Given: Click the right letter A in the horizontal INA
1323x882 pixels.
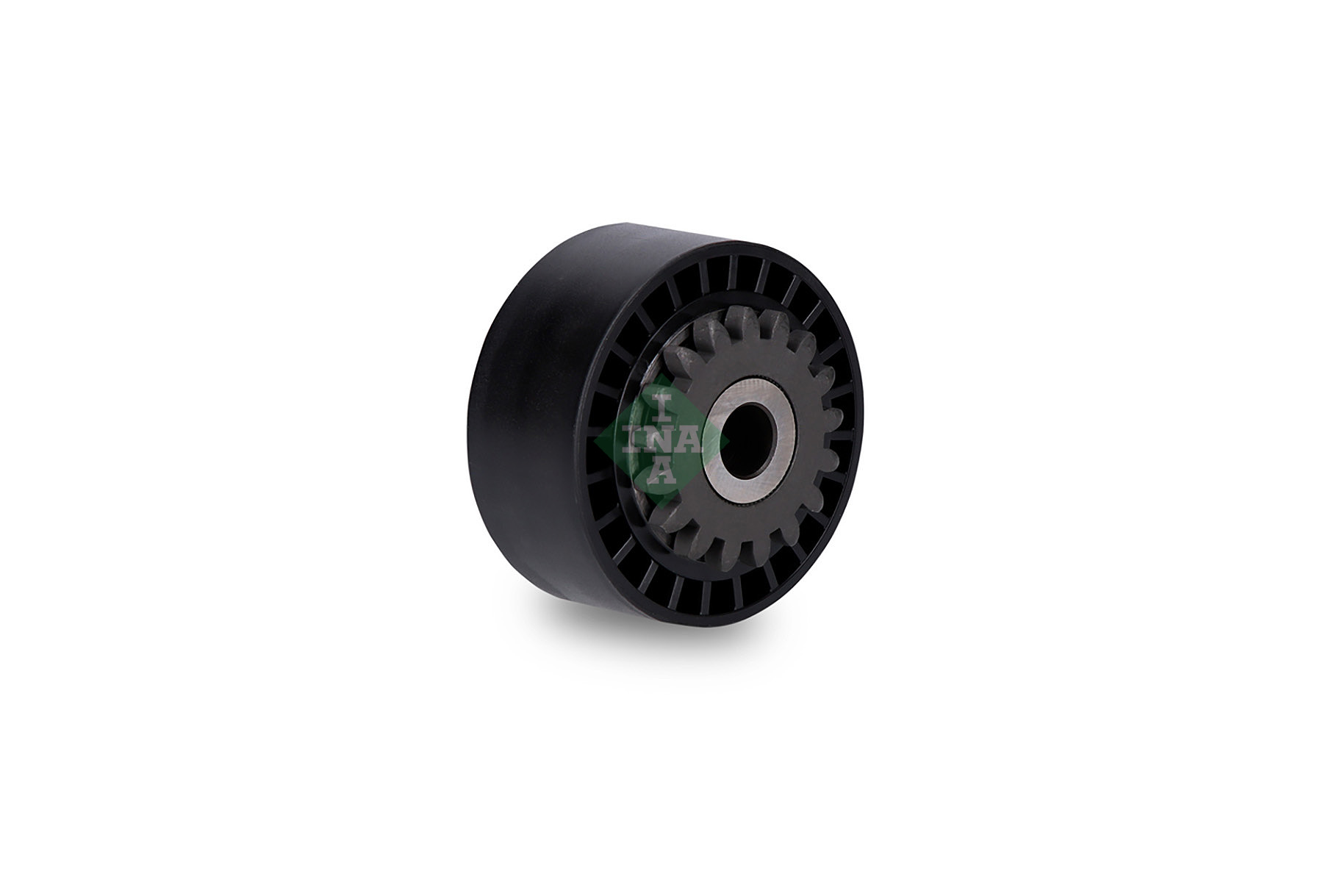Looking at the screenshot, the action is [691, 440].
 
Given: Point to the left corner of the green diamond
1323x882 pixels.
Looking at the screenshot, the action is [594, 441].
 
